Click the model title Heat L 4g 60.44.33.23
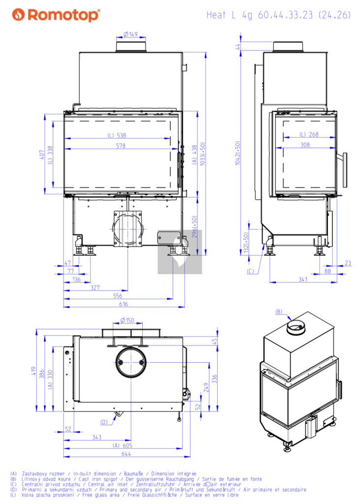pyautogui.click(x=260, y=15)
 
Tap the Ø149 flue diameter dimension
pyautogui.click(x=131, y=34)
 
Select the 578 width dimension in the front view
pyautogui.click(x=121, y=146)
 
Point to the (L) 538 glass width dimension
pyautogui.click(x=117, y=135)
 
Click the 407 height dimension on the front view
pyautogui.click(x=42, y=155)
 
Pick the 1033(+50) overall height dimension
pyautogui.click(x=202, y=154)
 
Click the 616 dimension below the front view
pyautogui.click(x=124, y=304)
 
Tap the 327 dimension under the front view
pyautogui.click(x=95, y=287)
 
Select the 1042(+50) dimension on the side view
pyautogui.click(x=237, y=153)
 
